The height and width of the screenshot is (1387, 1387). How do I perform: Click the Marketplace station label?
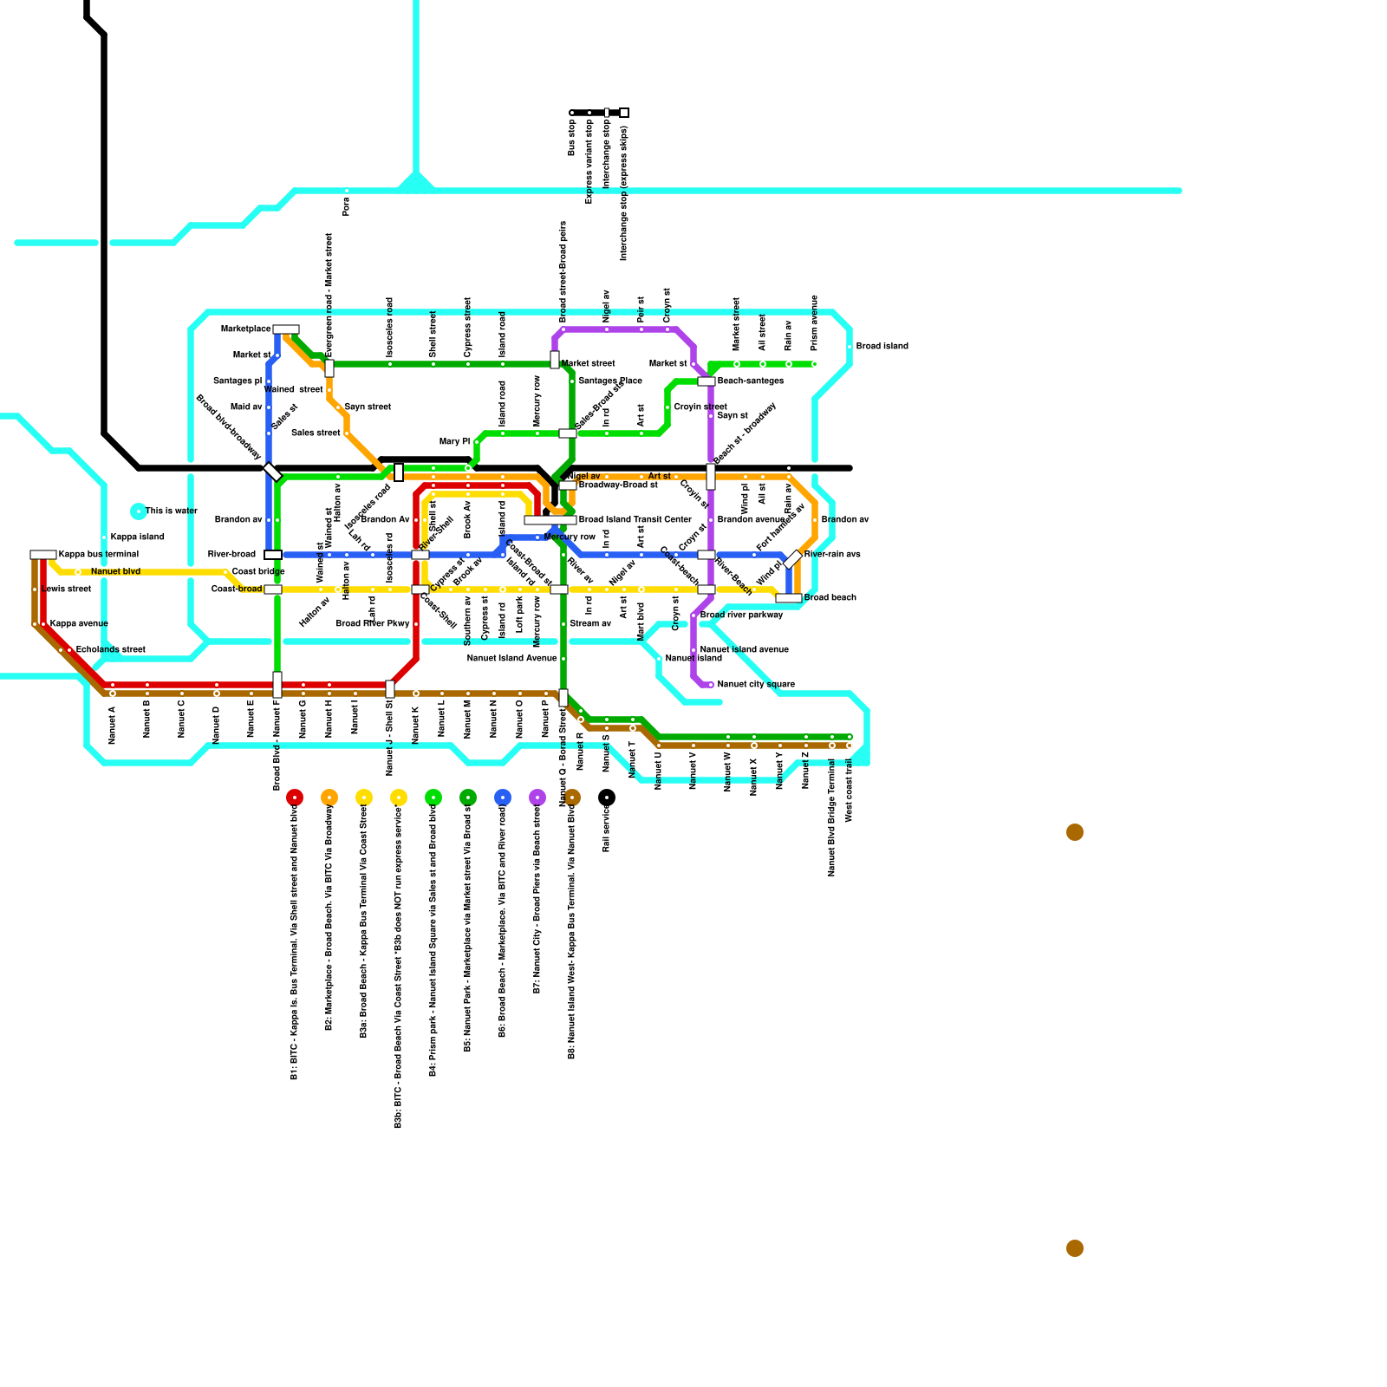[246, 329]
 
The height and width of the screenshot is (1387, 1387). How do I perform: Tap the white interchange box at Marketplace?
[286, 329]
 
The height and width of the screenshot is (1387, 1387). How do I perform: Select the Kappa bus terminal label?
[99, 555]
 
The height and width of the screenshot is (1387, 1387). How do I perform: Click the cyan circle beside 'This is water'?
[138, 511]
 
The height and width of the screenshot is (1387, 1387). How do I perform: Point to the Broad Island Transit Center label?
[635, 520]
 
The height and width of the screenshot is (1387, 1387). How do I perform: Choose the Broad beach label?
[830, 598]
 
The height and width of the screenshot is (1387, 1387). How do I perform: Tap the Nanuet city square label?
[756, 685]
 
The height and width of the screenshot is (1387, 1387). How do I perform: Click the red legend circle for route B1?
[295, 798]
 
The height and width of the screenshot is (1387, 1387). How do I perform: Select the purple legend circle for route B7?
[537, 798]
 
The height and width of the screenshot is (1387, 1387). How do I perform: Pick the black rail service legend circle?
[607, 798]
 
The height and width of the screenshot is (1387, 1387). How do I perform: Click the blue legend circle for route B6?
[503, 798]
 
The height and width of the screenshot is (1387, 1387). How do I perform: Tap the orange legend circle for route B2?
[329, 798]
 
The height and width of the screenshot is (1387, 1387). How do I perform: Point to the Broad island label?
[882, 347]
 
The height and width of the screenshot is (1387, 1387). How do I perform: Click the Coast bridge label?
[258, 572]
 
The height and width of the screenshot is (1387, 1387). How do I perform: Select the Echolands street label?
[111, 650]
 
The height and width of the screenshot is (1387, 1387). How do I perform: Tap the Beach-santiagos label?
[751, 381]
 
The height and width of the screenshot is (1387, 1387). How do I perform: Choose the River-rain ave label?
[832, 555]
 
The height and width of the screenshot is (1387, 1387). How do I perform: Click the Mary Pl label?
[454, 442]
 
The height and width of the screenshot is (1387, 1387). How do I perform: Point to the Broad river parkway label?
[742, 615]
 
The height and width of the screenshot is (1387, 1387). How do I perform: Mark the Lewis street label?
[68, 589]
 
